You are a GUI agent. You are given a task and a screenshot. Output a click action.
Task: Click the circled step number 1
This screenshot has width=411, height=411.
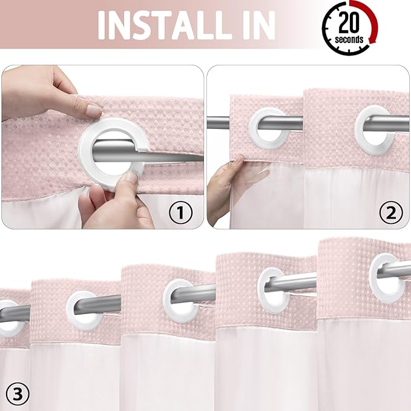click(180, 212)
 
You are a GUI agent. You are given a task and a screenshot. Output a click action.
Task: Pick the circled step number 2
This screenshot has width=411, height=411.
click(390, 212)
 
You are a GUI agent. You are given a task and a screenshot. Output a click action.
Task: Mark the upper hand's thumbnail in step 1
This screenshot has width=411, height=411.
click(93, 111)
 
